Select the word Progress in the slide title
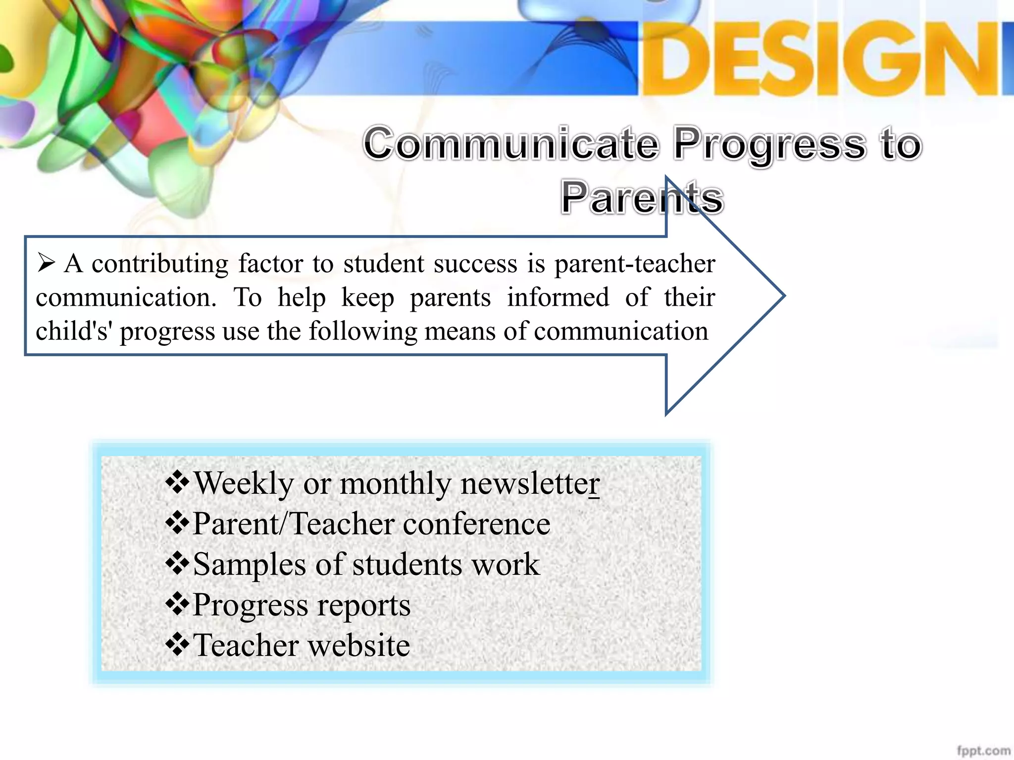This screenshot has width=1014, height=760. pyautogui.click(x=770, y=144)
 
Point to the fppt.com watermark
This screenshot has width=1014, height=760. pyautogui.click(x=983, y=750)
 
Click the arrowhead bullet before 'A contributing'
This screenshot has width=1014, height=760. pyautogui.click(x=46, y=263)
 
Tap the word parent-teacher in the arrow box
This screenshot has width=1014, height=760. pyautogui.click(x=635, y=263)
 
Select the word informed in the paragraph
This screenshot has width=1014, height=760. pyautogui.click(x=558, y=297)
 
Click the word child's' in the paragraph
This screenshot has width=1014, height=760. pyautogui.click(x=74, y=331)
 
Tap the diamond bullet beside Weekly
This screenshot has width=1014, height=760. pyautogui.click(x=177, y=482)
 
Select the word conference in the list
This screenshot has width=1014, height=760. pyautogui.click(x=476, y=524)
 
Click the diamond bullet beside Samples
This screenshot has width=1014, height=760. pyautogui.click(x=177, y=564)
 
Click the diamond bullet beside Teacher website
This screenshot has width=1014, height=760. pyautogui.click(x=177, y=645)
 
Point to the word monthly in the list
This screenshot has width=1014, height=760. pyautogui.click(x=395, y=483)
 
